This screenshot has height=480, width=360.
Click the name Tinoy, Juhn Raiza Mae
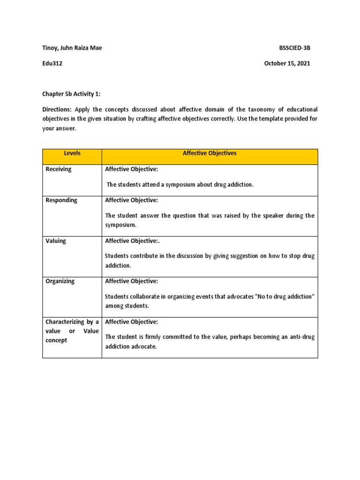tap(72, 48)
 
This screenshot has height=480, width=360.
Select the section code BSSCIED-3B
tap(294, 48)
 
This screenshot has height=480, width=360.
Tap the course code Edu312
tap(52, 64)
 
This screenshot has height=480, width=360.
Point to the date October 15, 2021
tap(287, 64)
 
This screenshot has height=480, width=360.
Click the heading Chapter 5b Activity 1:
tap(72, 94)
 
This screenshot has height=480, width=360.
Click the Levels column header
tap(72, 153)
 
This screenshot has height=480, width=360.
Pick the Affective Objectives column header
tap(210, 153)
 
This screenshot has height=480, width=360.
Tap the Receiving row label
tap(58, 169)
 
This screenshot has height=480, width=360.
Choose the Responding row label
tap(61, 200)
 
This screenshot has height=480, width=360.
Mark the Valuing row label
tap(56, 241)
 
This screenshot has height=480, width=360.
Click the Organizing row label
tap(60, 281)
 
